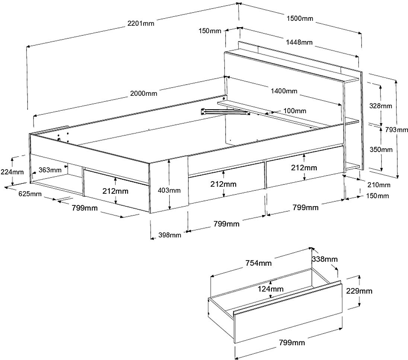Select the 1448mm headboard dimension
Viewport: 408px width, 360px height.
coord(299,42)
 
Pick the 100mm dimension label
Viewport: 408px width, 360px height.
coord(294,111)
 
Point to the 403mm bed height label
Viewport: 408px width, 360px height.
coord(169,190)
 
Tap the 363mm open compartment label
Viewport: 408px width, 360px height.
coord(50,170)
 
